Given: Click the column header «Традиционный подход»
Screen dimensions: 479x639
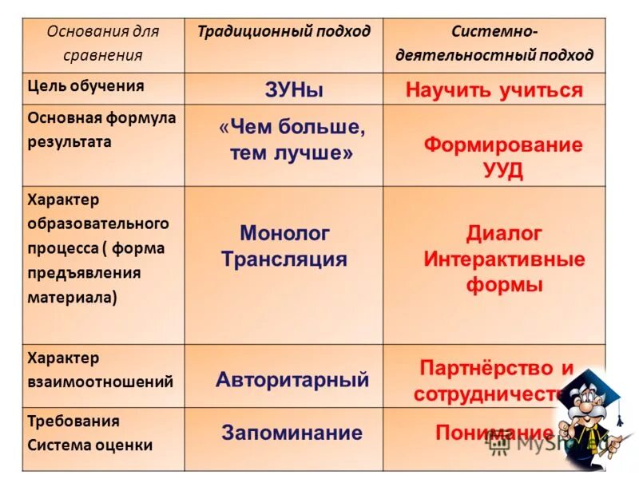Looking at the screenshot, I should [284, 32].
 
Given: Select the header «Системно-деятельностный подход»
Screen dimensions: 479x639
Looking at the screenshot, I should [494, 44].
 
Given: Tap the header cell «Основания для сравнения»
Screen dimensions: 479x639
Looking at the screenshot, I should [103, 44].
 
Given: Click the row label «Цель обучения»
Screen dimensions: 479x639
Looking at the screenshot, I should [85, 86].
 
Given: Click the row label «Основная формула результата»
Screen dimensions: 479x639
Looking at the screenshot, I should [101, 129].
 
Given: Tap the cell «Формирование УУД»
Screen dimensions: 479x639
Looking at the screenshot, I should [502, 157].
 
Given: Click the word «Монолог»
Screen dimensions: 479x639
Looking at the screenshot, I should [284, 233].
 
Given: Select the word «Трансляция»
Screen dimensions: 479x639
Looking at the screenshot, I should [284, 259].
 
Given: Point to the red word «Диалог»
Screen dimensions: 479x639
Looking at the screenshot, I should [504, 233].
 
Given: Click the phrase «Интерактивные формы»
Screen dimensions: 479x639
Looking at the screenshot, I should [504, 272].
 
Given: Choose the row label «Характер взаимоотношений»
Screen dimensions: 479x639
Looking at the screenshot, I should [100, 370].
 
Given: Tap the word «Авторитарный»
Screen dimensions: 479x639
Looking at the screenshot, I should [292, 380].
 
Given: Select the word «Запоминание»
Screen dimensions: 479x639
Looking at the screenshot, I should [292, 433].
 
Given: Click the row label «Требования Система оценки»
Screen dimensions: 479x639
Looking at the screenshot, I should [89, 433].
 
